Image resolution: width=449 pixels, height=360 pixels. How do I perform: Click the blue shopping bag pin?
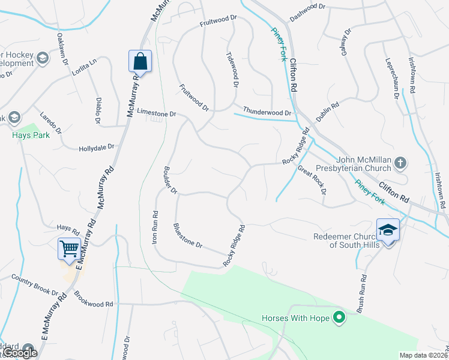(140, 61)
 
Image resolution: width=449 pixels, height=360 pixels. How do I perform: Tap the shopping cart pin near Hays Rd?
(70, 248)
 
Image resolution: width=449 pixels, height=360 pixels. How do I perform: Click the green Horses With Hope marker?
(339, 318)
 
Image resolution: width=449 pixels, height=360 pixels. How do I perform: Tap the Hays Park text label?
(29, 135)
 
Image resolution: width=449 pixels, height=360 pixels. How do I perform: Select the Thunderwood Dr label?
(267, 112)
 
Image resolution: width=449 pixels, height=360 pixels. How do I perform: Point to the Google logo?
(20, 353)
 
